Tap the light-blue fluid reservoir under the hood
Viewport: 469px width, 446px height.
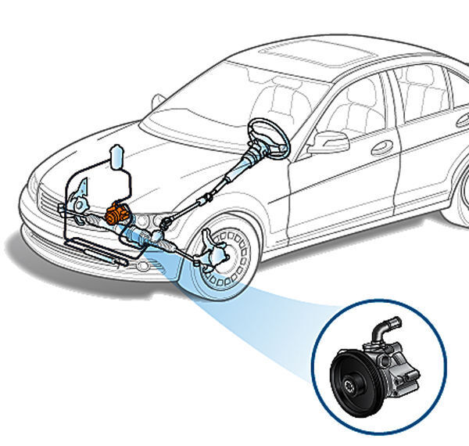(x=117, y=157)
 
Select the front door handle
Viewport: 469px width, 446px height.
(x=383, y=146)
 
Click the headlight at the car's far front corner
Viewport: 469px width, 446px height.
(x=33, y=188)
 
